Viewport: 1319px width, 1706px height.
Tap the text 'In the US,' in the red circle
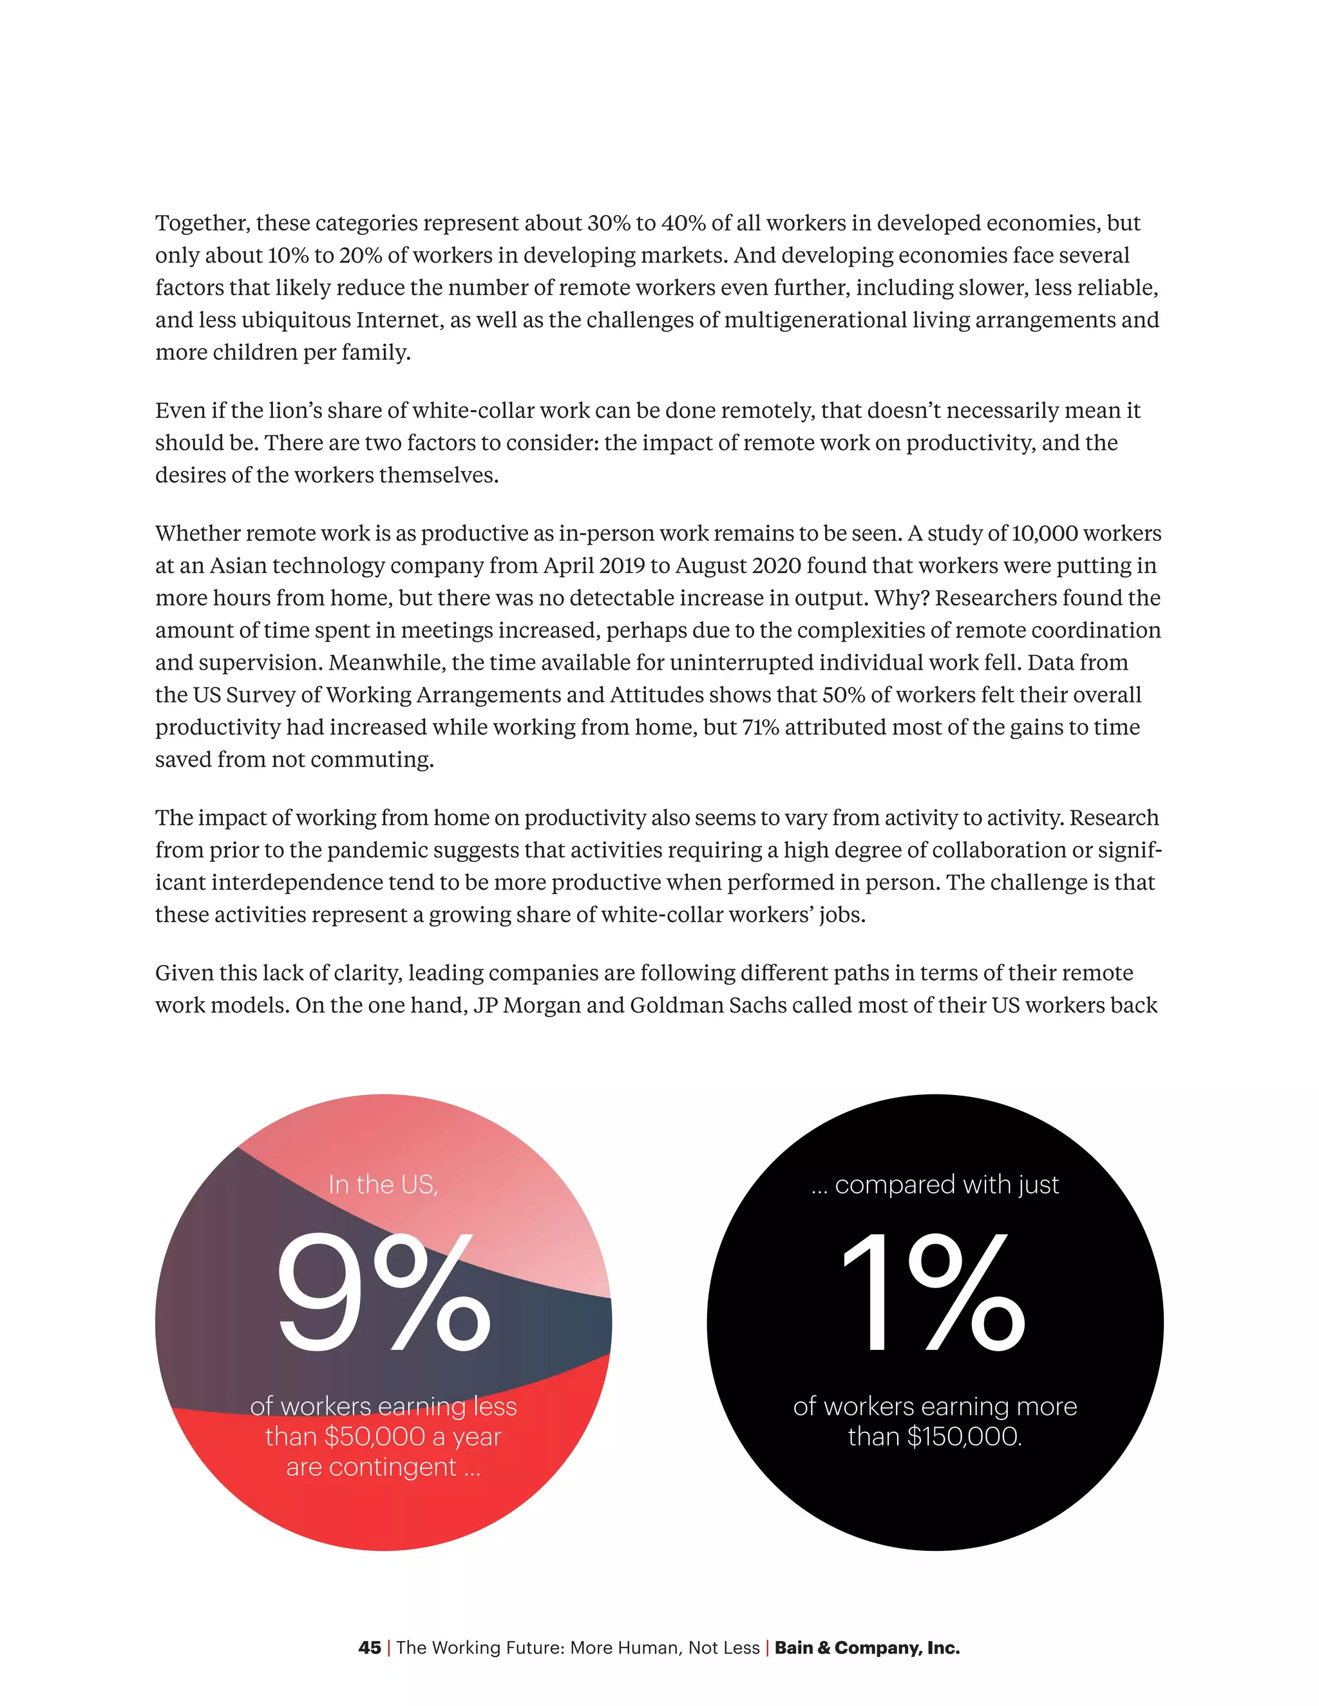tap(383, 1185)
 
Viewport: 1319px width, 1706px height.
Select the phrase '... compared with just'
tap(935, 1185)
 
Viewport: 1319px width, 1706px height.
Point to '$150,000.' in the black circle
tap(964, 1436)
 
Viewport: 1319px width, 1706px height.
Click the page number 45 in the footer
tap(369, 1648)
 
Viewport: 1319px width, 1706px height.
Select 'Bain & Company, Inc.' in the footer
tap(867, 1648)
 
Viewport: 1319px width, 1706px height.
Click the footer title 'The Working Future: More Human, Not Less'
tap(578, 1648)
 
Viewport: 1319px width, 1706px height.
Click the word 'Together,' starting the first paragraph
tap(202, 223)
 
